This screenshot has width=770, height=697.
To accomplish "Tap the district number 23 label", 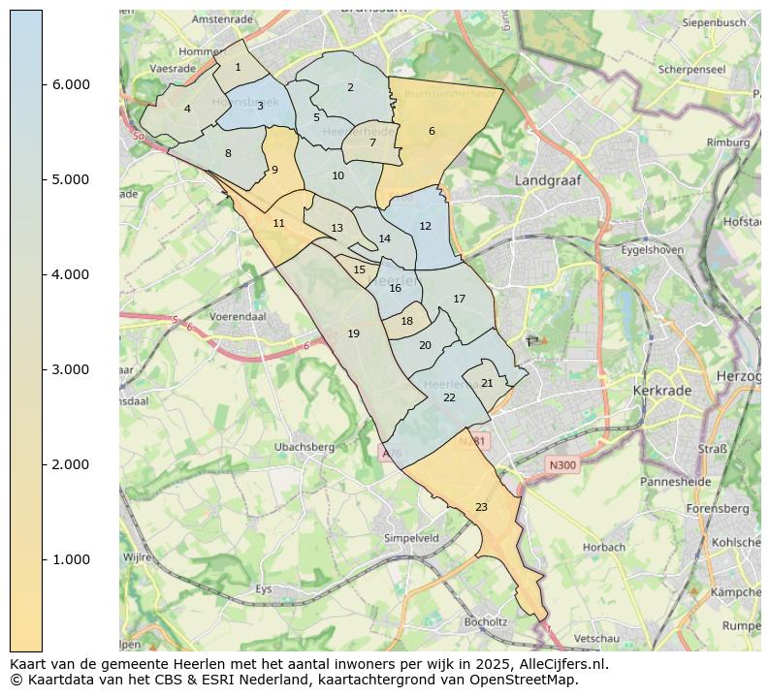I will [x=481, y=507].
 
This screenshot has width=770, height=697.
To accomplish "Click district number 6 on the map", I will [x=432, y=131].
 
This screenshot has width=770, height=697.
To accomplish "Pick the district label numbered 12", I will [x=425, y=226].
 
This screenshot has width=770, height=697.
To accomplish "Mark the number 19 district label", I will [x=353, y=333].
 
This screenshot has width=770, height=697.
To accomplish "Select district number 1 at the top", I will [x=238, y=67].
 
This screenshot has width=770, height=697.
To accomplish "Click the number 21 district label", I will [x=487, y=383].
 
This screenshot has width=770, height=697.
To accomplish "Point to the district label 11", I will [x=278, y=223].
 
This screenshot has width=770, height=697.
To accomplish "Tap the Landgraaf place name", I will [x=548, y=180].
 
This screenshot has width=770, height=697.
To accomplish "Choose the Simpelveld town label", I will [x=411, y=537].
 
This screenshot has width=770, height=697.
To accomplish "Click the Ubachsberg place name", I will [x=304, y=447].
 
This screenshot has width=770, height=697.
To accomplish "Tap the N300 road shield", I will [x=561, y=465].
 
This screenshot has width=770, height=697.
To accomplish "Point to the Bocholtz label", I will [x=486, y=621].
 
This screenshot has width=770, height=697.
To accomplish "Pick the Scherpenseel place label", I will [x=691, y=70].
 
